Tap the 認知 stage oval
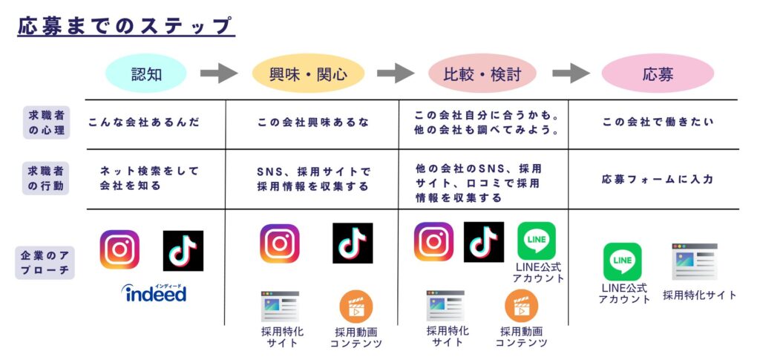(146, 73)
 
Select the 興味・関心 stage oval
(307, 73)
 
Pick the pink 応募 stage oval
(657, 73)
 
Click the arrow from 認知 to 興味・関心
(219, 73)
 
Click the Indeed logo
(154, 292)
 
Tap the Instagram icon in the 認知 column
(119, 249)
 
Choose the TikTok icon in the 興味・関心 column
(353, 243)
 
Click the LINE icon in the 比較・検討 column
(536, 240)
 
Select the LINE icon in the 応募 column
(622, 261)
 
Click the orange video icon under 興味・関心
(356, 307)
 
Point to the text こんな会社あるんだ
(144, 122)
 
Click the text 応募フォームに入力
(657, 179)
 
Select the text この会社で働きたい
(657, 122)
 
